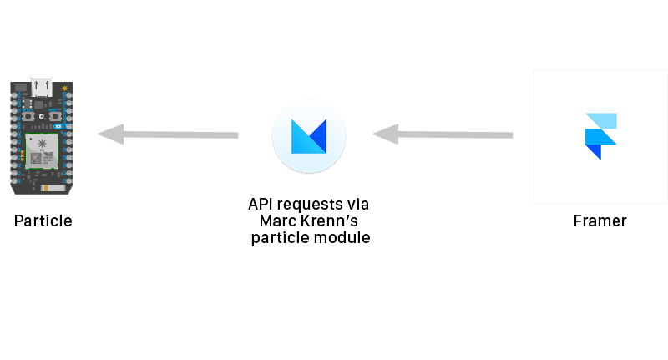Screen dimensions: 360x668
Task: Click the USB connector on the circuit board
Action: coord(42,86)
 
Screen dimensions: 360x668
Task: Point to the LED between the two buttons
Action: coord(42,115)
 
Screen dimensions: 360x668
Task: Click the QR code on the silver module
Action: coord(36,158)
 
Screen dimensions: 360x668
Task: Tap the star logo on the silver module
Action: coord(42,142)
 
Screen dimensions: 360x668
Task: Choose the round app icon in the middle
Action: coord(308,136)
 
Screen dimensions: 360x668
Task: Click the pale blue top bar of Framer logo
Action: coord(601,120)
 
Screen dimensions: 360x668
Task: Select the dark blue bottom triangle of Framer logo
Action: coord(594,151)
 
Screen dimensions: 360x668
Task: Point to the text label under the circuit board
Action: coord(43,221)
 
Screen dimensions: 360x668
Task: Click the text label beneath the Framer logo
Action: coord(600,221)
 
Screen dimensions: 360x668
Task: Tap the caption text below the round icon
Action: coord(309,221)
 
